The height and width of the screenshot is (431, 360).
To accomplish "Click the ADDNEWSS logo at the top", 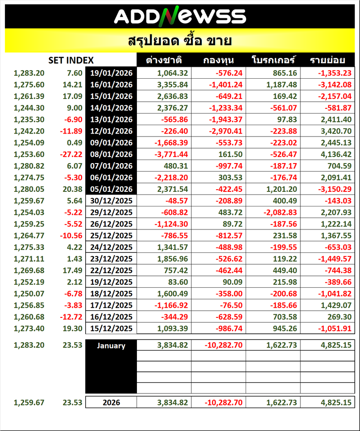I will (x=180, y=16).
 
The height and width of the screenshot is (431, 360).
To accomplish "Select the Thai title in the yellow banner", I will (x=180, y=41).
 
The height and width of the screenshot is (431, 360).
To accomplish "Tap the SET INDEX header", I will (x=71, y=61).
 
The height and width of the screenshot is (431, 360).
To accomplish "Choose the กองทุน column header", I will (x=218, y=61).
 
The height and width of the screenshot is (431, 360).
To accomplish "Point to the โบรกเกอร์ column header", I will (x=273, y=61).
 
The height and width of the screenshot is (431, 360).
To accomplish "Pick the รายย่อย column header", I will (x=327, y=61).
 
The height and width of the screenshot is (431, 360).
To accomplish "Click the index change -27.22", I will (x=72, y=154).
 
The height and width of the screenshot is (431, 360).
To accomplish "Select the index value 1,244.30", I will (x=29, y=107).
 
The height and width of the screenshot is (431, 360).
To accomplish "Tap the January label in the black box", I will (x=111, y=346).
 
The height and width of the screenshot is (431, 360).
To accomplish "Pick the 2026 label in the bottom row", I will (x=111, y=402).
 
